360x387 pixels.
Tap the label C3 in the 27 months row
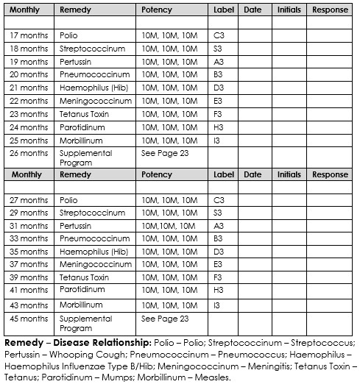[219, 200]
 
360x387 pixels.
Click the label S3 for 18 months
[219, 49]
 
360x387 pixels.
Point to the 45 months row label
[29, 319]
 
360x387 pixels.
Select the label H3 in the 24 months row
[219, 127]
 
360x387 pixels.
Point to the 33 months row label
[29, 238]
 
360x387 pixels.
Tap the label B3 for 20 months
[219, 75]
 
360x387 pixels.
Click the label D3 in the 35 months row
[219, 252]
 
